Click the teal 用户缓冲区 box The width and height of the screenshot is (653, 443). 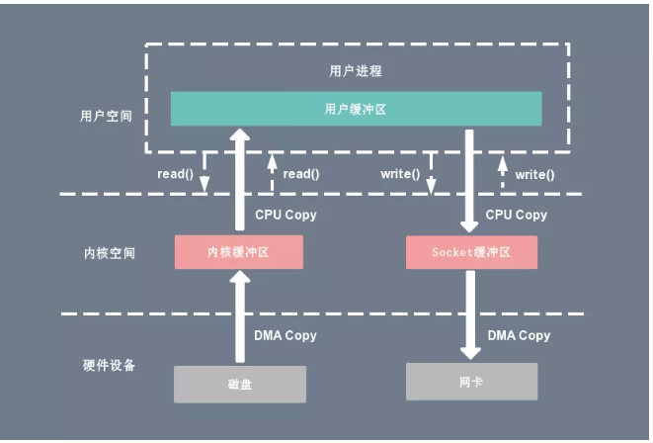click(356, 109)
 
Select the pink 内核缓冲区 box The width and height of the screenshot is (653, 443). click(238, 252)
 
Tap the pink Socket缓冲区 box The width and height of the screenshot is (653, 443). click(471, 252)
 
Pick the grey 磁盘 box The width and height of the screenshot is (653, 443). click(240, 384)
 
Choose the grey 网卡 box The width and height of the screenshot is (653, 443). click(471, 381)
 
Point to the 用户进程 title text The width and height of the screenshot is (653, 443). click(356, 71)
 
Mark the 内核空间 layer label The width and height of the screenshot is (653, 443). click(109, 253)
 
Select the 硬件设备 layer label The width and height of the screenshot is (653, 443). click(109, 365)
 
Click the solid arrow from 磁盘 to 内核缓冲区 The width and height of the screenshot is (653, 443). click(238, 316)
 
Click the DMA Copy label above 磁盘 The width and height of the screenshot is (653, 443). click(286, 335)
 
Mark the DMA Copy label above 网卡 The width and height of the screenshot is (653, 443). click(520, 335)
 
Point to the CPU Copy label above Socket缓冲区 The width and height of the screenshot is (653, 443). click(517, 215)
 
